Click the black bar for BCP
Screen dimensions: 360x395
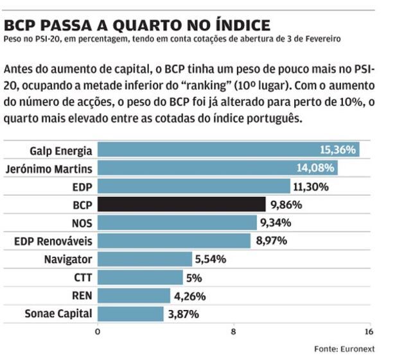[182, 205]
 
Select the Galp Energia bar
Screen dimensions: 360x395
[228, 150]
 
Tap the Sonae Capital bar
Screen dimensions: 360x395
[130, 314]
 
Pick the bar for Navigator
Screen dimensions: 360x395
[145, 259]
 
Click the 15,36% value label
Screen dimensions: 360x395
[337, 150]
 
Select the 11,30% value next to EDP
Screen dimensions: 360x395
[312, 187]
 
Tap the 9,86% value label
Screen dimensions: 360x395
[286, 205]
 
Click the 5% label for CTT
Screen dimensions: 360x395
[194, 278]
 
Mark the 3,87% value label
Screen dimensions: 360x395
[183, 314]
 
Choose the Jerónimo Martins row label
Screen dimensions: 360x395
[48, 169]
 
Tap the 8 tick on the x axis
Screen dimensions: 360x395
[234, 332]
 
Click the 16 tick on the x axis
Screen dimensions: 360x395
[368, 332]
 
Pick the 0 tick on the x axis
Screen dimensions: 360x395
[98, 332]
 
